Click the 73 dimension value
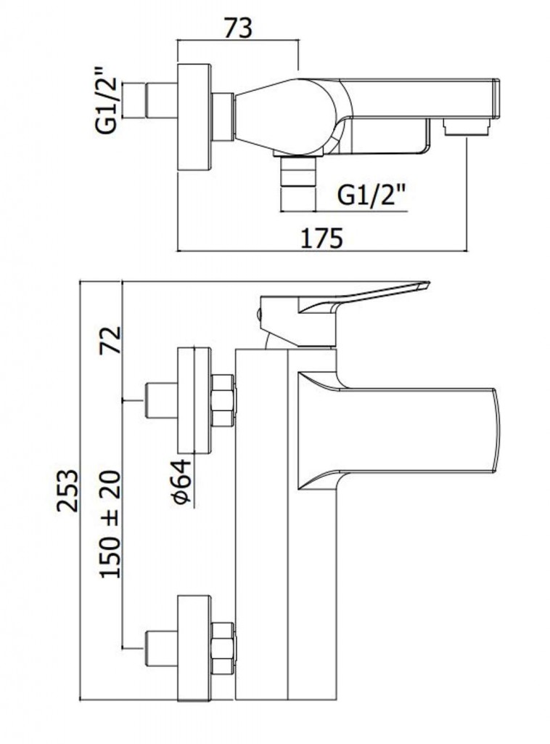click(x=237, y=28)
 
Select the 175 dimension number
click(x=321, y=238)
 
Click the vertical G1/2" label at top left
click(x=107, y=100)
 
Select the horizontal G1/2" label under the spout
click(x=372, y=194)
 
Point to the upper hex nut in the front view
click(x=223, y=400)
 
